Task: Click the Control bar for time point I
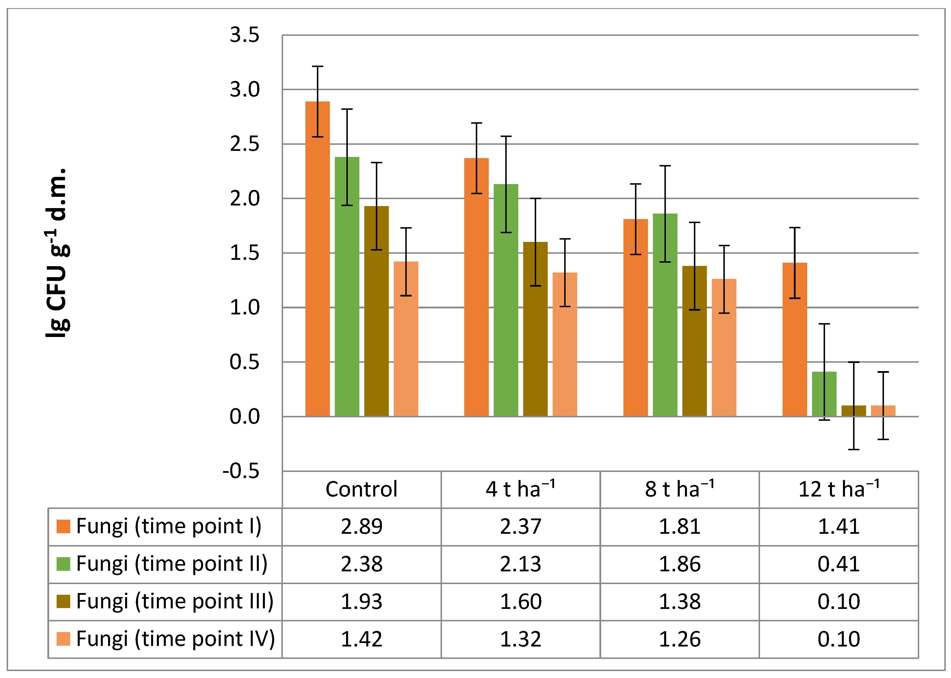click(317, 259)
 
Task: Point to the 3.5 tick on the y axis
click(244, 35)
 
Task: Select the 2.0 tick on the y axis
click(244, 199)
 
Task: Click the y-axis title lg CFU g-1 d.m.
click(57, 253)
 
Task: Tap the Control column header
click(361, 489)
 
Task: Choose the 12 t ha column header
click(839, 489)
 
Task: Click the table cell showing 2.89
click(361, 527)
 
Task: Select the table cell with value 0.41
click(839, 564)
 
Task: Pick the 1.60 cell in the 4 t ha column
click(521, 602)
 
